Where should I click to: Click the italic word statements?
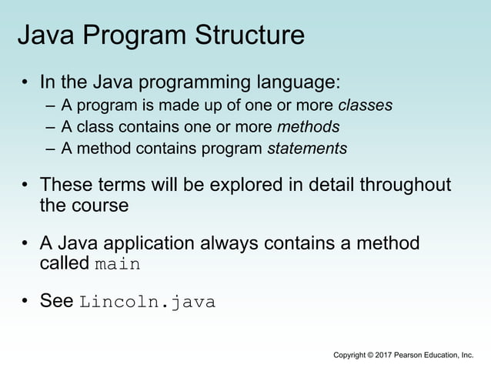307,149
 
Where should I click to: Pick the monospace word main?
118,264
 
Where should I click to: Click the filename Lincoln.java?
147,302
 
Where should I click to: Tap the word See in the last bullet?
57,301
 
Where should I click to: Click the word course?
98,206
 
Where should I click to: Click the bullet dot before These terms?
25,186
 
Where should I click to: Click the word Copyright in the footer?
350,355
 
